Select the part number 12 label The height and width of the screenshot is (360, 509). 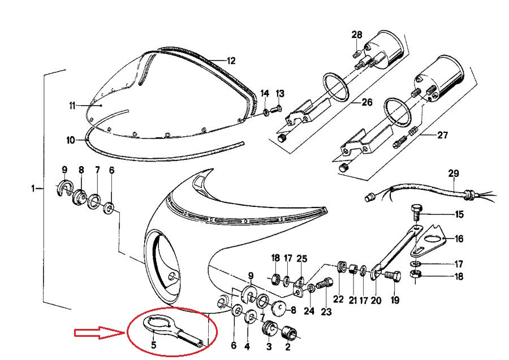(231, 60)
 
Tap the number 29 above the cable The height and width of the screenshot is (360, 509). (454, 174)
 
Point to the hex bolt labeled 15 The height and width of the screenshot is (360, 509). (416, 212)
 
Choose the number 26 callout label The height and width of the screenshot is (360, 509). (367, 102)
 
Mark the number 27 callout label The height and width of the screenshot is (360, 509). (442, 135)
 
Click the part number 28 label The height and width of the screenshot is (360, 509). (357, 34)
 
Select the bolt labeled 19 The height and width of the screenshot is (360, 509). (392, 276)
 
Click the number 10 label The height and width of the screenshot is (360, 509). (71, 140)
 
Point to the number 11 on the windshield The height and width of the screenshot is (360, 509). (72, 106)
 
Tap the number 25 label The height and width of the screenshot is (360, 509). (301, 259)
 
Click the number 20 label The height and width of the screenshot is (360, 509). (376, 301)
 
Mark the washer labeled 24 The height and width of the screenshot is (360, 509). (310, 288)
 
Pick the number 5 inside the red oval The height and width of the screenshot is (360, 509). (153, 345)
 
